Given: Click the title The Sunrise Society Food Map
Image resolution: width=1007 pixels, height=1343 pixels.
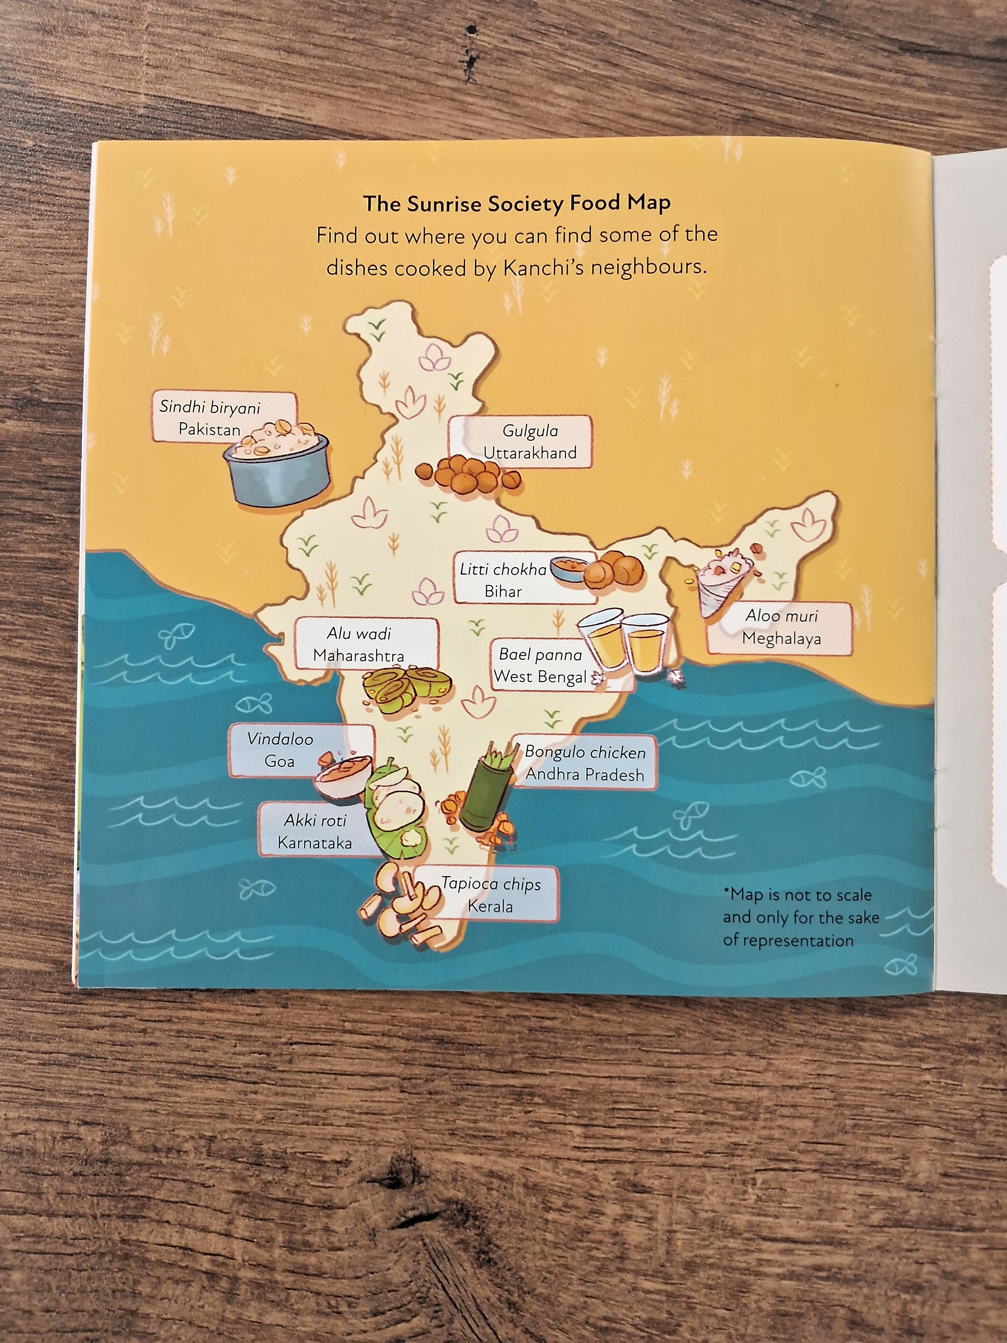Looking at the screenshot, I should [x=516, y=203].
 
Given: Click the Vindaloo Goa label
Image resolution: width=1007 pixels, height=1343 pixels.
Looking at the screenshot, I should [x=280, y=750].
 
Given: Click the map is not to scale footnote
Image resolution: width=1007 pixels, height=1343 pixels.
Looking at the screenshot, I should [x=800, y=918].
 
